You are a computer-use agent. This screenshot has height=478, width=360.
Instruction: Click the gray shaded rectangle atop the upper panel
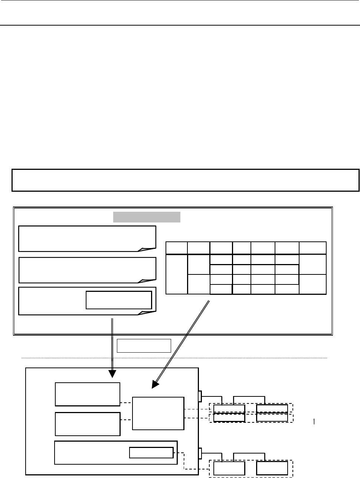tap(147, 217)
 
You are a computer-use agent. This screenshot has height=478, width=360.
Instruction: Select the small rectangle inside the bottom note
tap(119, 300)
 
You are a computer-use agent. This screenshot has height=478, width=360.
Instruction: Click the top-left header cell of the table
tap(176, 248)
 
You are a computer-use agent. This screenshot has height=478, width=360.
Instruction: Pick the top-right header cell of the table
tap(312, 248)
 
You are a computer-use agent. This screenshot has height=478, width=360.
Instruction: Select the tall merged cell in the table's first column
tap(176, 274)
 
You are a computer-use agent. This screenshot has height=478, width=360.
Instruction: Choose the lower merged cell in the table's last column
tap(312, 284)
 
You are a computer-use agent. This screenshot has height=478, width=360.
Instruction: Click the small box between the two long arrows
tap(144, 345)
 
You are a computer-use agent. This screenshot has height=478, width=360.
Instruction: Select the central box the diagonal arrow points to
tap(158, 413)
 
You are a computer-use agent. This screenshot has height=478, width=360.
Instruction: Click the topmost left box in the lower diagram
tap(88, 394)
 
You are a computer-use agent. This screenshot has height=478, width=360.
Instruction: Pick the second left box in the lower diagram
tap(88, 424)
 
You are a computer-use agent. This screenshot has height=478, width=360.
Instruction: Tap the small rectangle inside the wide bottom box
tap(151, 453)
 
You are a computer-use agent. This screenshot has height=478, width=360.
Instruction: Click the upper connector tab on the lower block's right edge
tap(200, 396)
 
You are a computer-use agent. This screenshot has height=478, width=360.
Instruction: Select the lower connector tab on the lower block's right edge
tap(200, 453)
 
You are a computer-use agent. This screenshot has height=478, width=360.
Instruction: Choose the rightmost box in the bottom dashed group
tap(272, 468)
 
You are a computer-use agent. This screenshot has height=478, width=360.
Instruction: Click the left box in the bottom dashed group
tap(229, 468)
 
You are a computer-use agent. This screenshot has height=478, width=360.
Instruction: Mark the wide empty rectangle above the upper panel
tap(186, 180)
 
